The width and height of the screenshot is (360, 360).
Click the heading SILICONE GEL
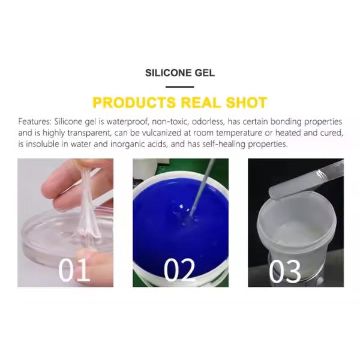point(180,73)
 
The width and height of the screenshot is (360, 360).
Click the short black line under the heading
point(180,87)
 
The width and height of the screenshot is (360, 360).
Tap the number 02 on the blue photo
point(179,271)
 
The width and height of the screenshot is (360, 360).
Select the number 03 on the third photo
point(285,271)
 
